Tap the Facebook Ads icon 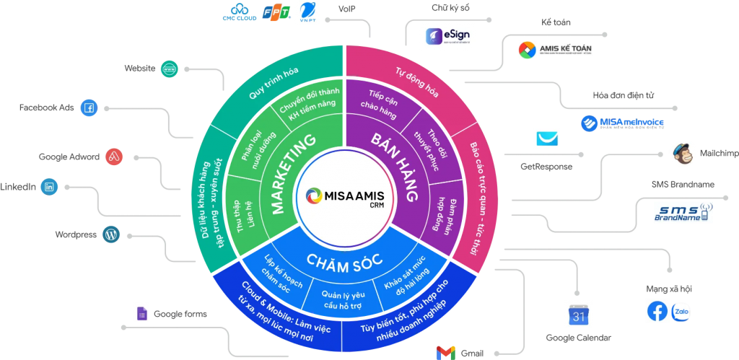pyautogui.click(x=89, y=108)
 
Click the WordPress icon pyautogui.click(x=111, y=234)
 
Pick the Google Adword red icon pyautogui.click(x=114, y=157)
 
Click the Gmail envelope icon pyautogui.click(x=445, y=353)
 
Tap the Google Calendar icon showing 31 pyautogui.click(x=578, y=314)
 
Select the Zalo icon pyautogui.click(x=681, y=311)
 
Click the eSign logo pyautogui.click(x=448, y=35)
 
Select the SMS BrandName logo pyautogui.click(x=682, y=211)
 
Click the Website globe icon pyautogui.click(x=170, y=69)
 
